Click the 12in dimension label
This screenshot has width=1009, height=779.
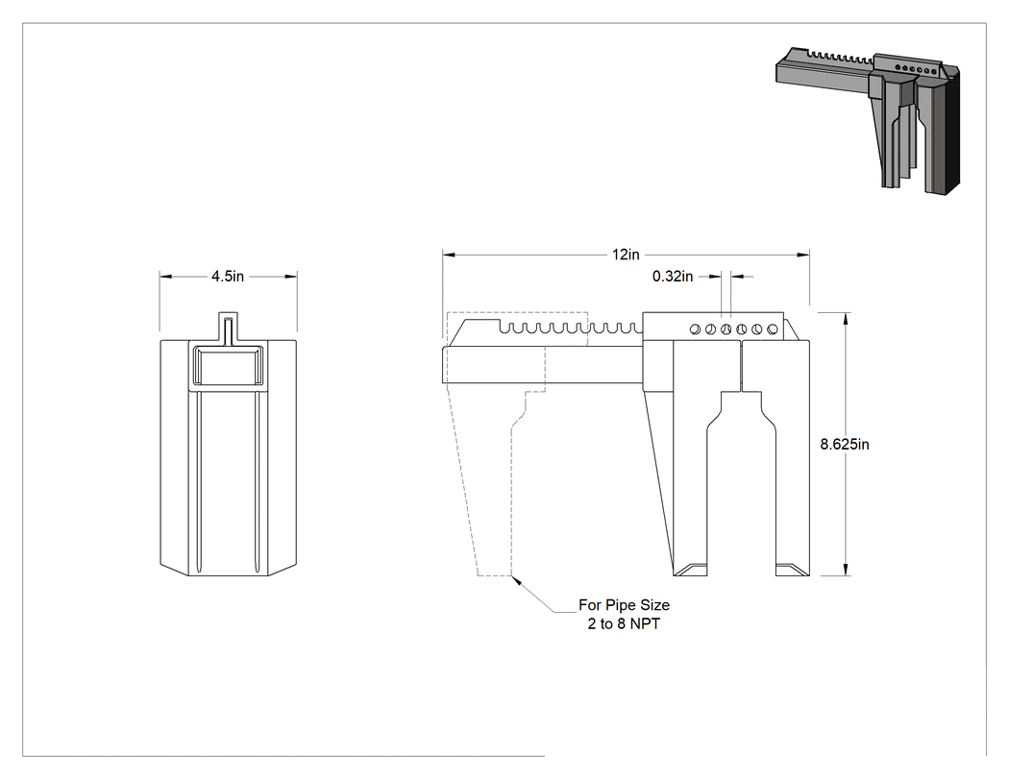pyautogui.click(x=626, y=255)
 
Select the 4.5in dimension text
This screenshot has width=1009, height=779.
pyautogui.click(x=228, y=277)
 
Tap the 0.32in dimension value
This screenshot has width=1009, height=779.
pyautogui.click(x=673, y=277)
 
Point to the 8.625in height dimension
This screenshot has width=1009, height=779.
pyautogui.click(x=845, y=445)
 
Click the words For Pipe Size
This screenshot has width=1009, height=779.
pyautogui.click(x=625, y=605)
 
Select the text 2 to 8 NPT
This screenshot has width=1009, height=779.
pyautogui.click(x=624, y=624)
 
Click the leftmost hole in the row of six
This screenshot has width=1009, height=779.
pyautogui.click(x=695, y=329)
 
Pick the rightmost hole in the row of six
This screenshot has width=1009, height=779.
pyautogui.click(x=773, y=329)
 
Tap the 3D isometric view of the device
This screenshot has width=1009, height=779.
pyautogui.click(x=868, y=120)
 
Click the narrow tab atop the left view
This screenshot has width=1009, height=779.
pyautogui.click(x=228, y=328)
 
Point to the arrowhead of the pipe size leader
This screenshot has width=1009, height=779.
pyautogui.click(x=515, y=581)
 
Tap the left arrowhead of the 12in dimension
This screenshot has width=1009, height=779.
pyautogui.click(x=449, y=255)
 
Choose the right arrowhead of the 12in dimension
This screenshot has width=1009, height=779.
pyautogui.click(x=803, y=255)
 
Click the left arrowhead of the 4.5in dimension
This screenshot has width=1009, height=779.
pyautogui.click(x=166, y=277)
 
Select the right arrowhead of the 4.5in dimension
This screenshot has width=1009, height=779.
pyautogui.click(x=291, y=277)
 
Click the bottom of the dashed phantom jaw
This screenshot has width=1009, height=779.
pyautogui.click(x=494, y=574)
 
